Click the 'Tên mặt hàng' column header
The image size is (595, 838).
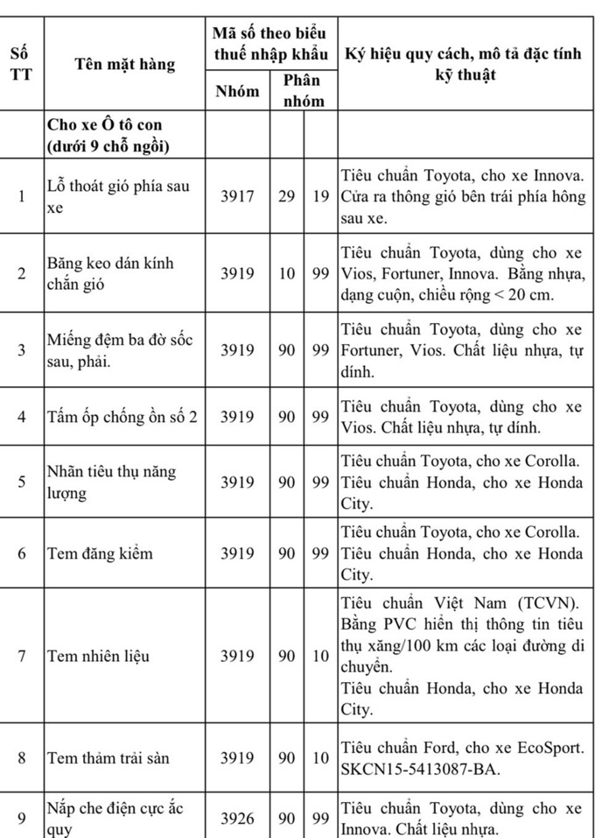click(x=125, y=64)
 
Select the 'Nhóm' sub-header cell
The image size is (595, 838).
click(x=237, y=90)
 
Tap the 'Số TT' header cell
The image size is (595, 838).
click(x=21, y=64)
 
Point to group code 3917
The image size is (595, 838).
click(x=237, y=196)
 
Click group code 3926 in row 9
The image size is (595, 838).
click(x=237, y=819)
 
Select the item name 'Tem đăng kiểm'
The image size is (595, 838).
click(x=100, y=553)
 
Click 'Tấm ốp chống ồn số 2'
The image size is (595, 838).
click(x=122, y=416)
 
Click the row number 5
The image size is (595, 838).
click(x=22, y=482)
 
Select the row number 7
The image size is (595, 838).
click(x=22, y=656)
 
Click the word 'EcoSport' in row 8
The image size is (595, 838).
click(x=548, y=747)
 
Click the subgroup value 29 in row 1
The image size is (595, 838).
click(x=287, y=196)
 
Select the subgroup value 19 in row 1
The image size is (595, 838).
click(x=321, y=196)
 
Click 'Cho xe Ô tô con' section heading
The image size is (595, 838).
click(x=105, y=125)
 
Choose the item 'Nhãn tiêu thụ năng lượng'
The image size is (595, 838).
click(x=111, y=482)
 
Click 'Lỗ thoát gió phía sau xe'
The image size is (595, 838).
click(x=118, y=196)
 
